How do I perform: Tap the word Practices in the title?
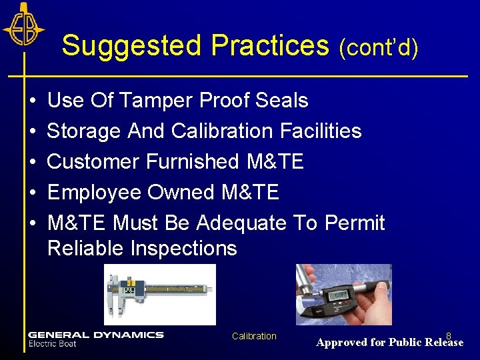270,46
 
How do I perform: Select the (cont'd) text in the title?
378,47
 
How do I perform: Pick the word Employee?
95,193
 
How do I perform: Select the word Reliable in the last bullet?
86,249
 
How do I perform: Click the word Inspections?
184,249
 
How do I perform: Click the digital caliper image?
160,293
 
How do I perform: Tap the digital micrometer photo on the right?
344,294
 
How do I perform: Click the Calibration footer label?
254,336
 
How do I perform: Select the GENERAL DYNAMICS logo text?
95,335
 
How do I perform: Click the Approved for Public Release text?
389,343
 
